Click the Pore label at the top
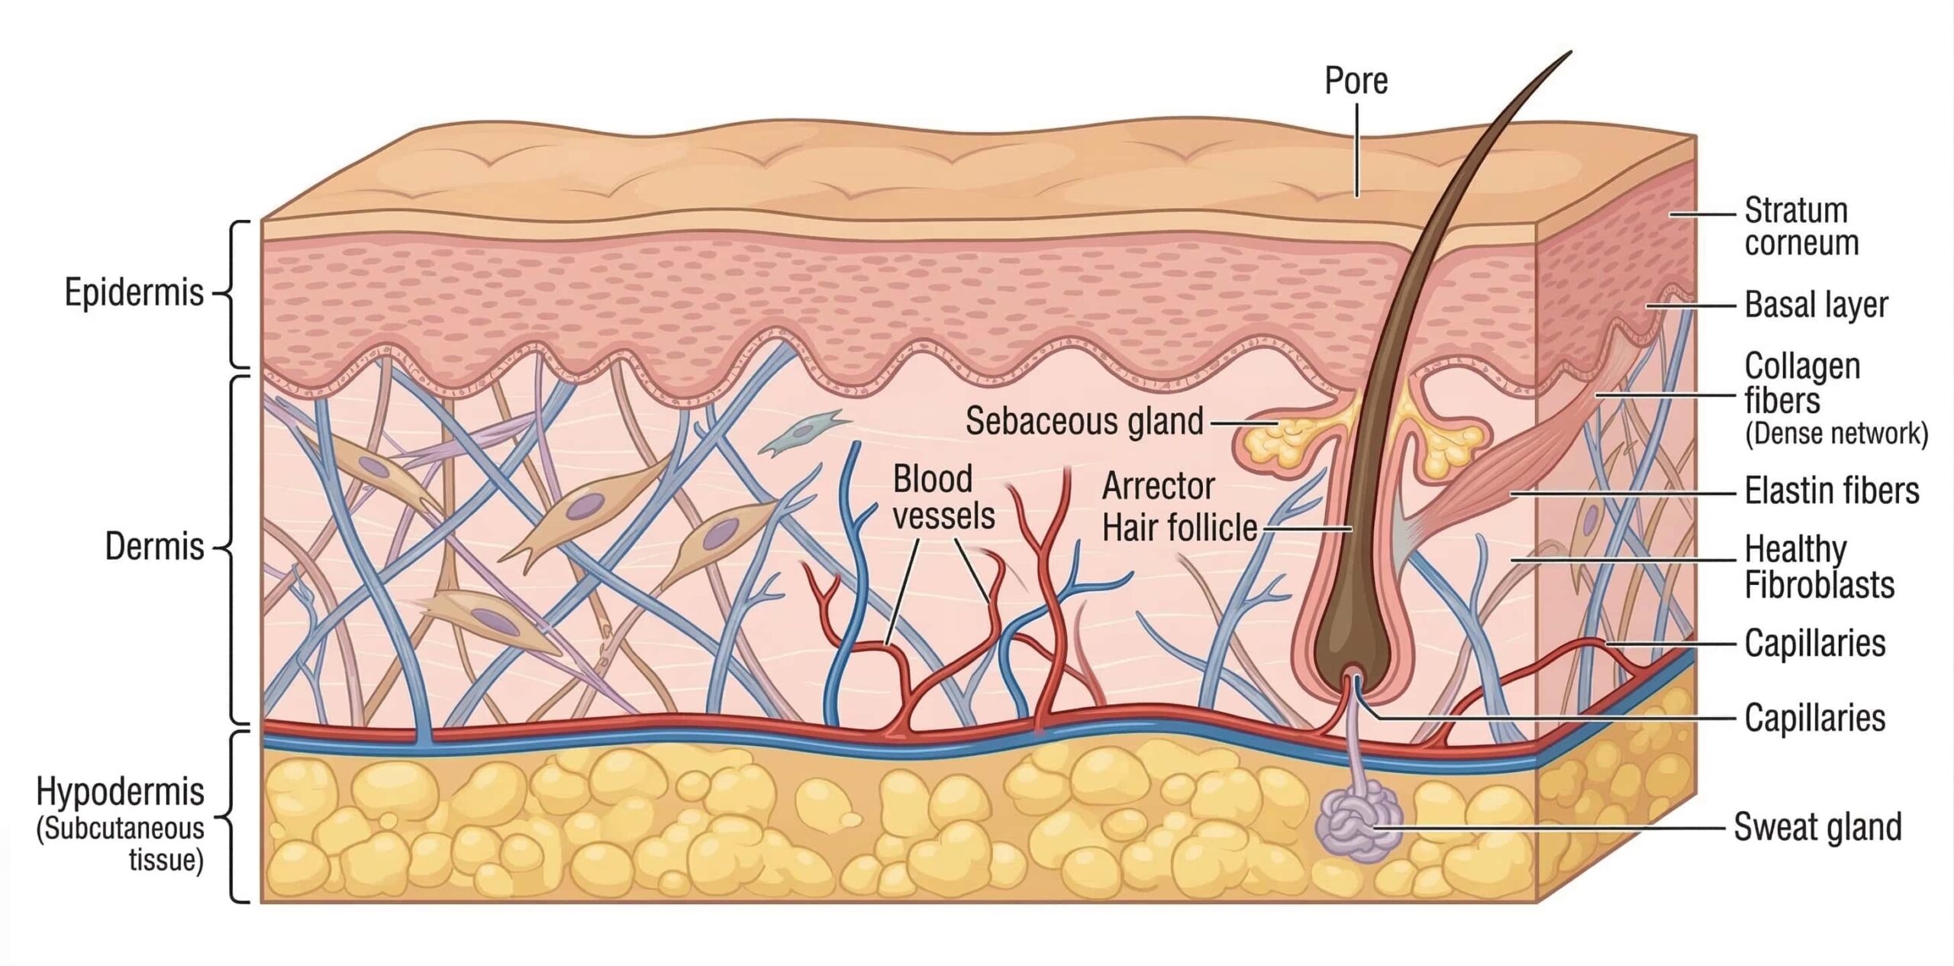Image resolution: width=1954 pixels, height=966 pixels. point(1356,81)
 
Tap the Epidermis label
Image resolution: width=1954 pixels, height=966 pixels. point(134,292)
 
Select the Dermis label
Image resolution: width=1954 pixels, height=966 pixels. point(154,547)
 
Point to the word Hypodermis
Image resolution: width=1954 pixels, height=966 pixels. point(120,792)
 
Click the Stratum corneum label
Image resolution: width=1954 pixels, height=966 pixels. point(1801,227)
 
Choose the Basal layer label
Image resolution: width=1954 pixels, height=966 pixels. point(1816,305)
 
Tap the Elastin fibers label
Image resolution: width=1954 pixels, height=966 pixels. point(1831,491)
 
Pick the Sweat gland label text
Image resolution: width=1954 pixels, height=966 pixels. point(1817,827)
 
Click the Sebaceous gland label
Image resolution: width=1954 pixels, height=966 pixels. point(1084,422)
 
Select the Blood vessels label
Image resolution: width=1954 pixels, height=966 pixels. point(943,498)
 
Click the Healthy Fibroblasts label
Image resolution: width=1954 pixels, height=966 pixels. point(1819,567)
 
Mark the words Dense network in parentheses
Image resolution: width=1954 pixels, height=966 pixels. point(1836,434)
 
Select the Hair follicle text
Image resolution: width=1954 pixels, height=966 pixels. point(1180,528)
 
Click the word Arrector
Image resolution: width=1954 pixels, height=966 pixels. point(1158,486)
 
